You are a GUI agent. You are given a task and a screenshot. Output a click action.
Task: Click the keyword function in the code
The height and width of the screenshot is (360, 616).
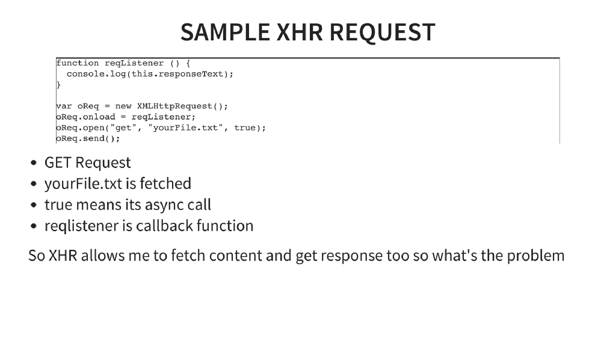tap(78, 63)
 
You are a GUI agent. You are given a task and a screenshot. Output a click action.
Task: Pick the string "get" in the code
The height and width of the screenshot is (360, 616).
tap(123, 128)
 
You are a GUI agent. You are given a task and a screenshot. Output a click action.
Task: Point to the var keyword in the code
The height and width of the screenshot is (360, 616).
tap(64, 107)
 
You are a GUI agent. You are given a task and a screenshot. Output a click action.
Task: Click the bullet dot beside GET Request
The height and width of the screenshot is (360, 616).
tap(34, 163)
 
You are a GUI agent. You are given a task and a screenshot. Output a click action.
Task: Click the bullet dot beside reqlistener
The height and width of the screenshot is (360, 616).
tap(34, 226)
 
